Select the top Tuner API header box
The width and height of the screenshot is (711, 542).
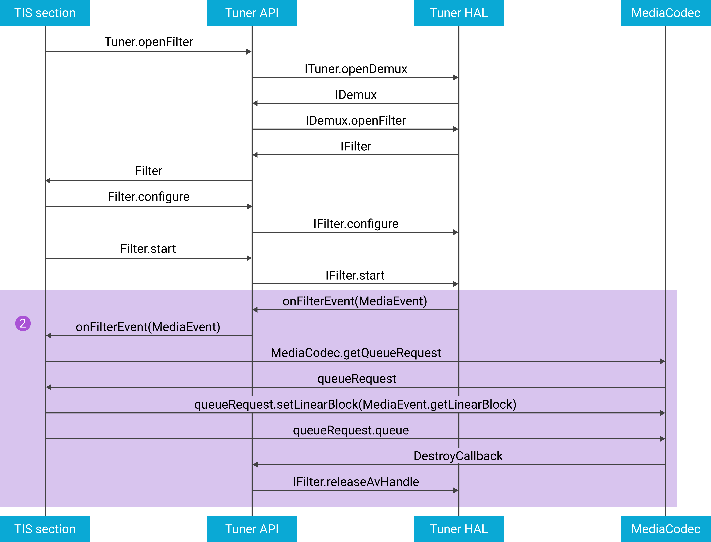click(252, 13)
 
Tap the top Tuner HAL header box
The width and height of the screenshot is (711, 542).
click(459, 13)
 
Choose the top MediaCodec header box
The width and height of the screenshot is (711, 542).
click(666, 13)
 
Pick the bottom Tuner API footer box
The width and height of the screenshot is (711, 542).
click(252, 529)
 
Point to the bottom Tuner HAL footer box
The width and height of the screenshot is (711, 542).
click(459, 529)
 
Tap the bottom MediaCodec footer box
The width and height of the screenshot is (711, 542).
click(666, 529)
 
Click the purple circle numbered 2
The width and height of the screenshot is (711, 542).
click(23, 323)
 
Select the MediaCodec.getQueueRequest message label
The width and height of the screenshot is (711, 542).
click(356, 353)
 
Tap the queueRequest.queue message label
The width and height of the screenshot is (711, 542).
click(351, 430)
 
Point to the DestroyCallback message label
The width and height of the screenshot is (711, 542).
click(458, 456)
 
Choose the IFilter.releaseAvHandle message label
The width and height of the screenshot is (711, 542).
click(356, 482)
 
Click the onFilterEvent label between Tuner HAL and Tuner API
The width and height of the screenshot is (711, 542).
click(355, 301)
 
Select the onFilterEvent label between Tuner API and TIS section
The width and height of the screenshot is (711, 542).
click(148, 327)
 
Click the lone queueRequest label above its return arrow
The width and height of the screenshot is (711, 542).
click(357, 378)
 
